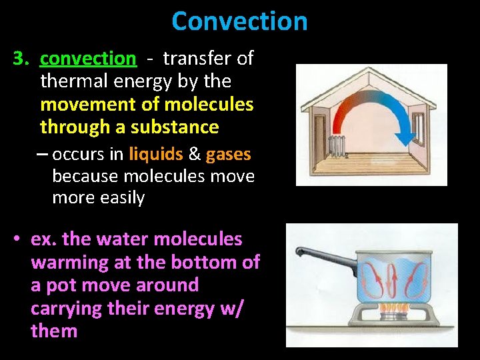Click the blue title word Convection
click(239, 21)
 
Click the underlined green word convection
click(87, 59)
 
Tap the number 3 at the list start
click(19, 59)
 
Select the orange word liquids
click(155, 155)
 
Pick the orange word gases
click(228, 155)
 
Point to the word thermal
click(72, 81)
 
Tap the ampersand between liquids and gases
click(194, 155)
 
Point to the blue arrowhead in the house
click(405, 138)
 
